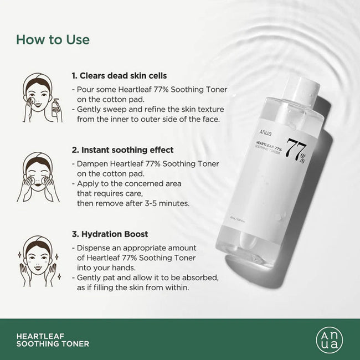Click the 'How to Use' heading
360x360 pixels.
[x=53, y=40]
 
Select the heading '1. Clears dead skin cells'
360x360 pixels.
[x=119, y=75]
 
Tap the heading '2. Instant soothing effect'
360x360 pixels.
[x=122, y=150]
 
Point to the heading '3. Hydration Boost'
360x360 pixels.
[x=109, y=234]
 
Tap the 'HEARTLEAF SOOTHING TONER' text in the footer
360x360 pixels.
[x=53, y=340]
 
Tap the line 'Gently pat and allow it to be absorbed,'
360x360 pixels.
[x=145, y=277]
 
